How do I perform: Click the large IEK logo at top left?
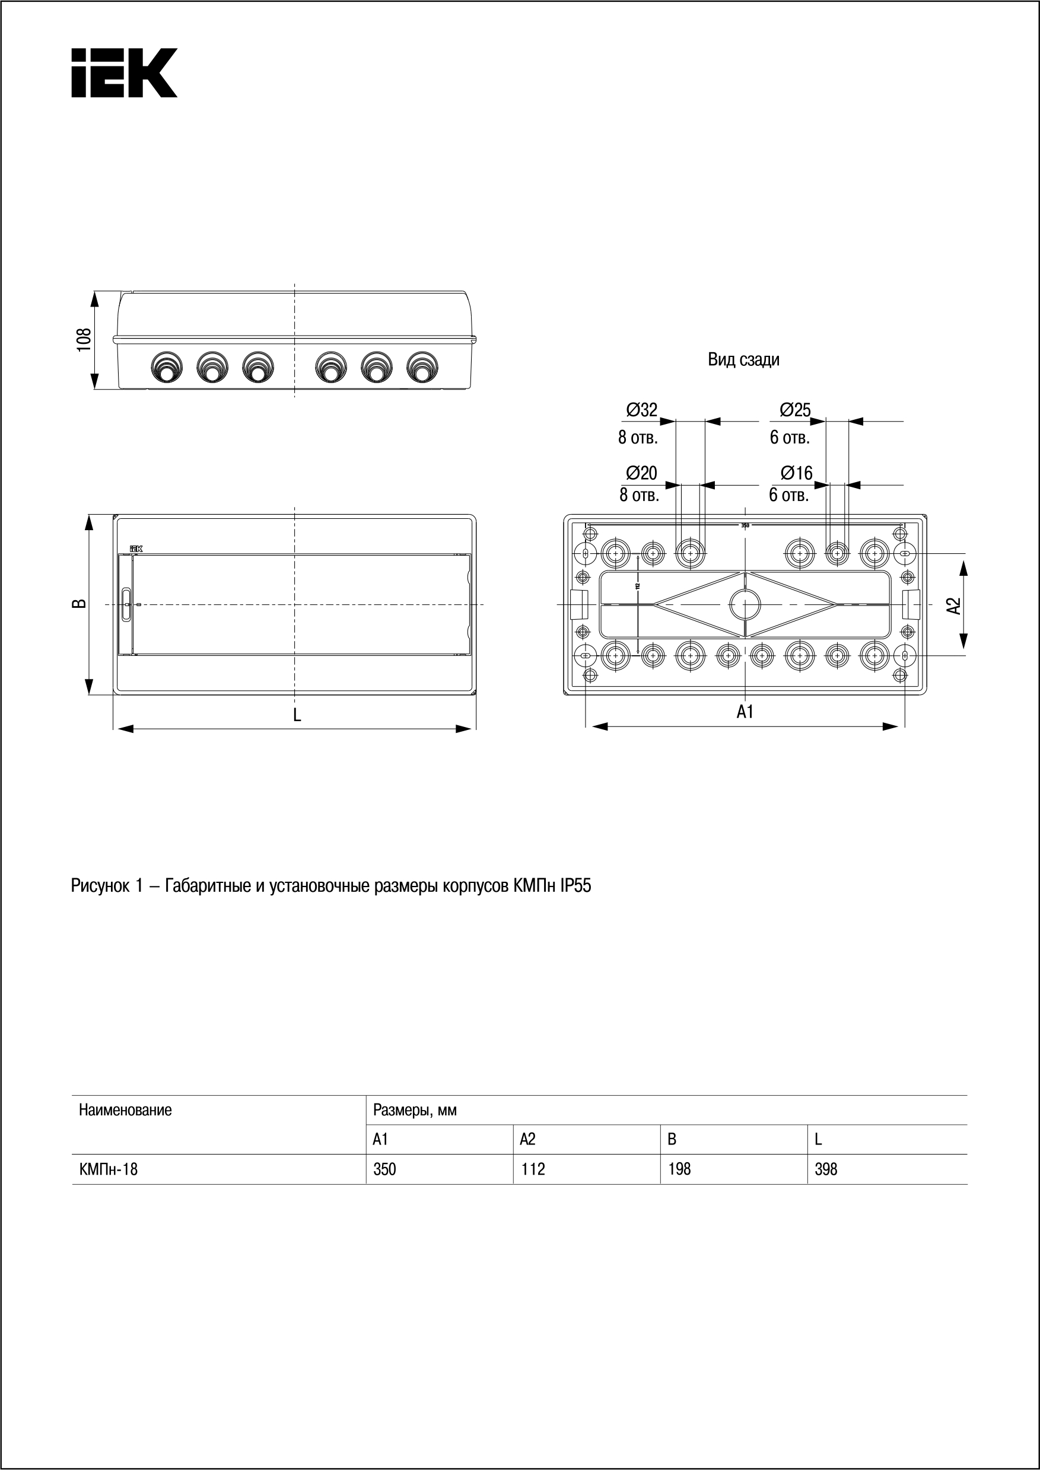coord(123,72)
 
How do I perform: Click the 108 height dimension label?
coord(84,339)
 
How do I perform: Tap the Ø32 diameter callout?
coord(641,410)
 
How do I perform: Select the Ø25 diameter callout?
coord(795,410)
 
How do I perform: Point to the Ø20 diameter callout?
coord(641,473)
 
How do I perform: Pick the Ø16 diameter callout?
coord(796,473)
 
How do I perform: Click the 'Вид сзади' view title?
coord(743,359)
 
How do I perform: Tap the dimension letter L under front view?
coord(297,715)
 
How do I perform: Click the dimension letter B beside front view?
coord(78,604)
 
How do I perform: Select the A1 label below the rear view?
coord(745,712)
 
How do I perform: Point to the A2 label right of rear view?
coord(954,605)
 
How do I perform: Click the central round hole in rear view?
coord(745,604)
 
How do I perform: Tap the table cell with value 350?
coord(385,1169)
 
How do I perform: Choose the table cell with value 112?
coord(533,1169)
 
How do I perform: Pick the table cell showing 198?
coord(679,1169)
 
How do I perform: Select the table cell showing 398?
coord(825,1169)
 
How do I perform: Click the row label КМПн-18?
coord(108,1169)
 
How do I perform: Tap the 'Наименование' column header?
coord(126,1109)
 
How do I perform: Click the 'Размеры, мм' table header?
coord(415,1109)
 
